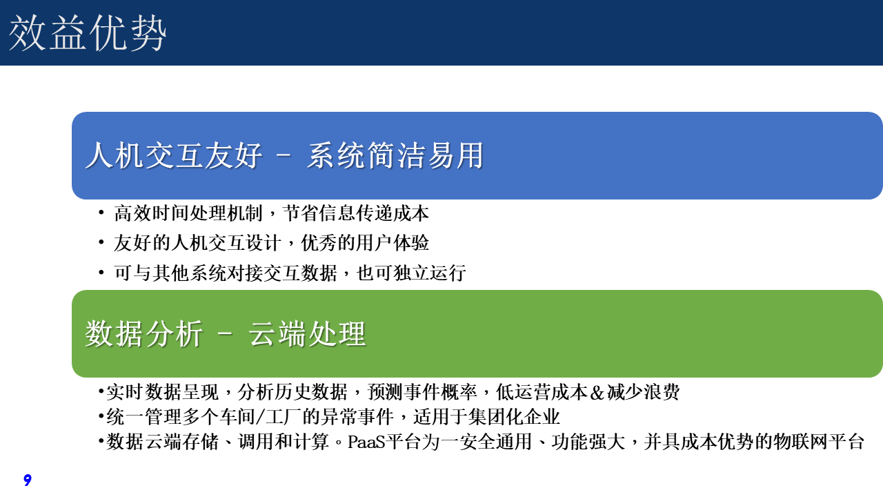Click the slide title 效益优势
tap(87, 33)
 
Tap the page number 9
tap(27, 480)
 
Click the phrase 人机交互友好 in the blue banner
tap(173, 155)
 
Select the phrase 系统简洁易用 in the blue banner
tap(395, 155)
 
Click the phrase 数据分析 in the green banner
tap(144, 333)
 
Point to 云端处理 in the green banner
tap(307, 333)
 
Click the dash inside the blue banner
tap(284, 156)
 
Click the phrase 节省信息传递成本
tap(355, 213)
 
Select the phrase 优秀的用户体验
tap(365, 242)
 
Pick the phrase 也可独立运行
tap(411, 273)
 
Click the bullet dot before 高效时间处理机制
tap(101, 213)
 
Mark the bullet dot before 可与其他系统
tap(101, 272)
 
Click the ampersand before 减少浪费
tap(597, 393)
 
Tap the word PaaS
tap(366, 442)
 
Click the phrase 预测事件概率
tap(422, 391)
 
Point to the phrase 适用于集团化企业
tap(486, 416)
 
